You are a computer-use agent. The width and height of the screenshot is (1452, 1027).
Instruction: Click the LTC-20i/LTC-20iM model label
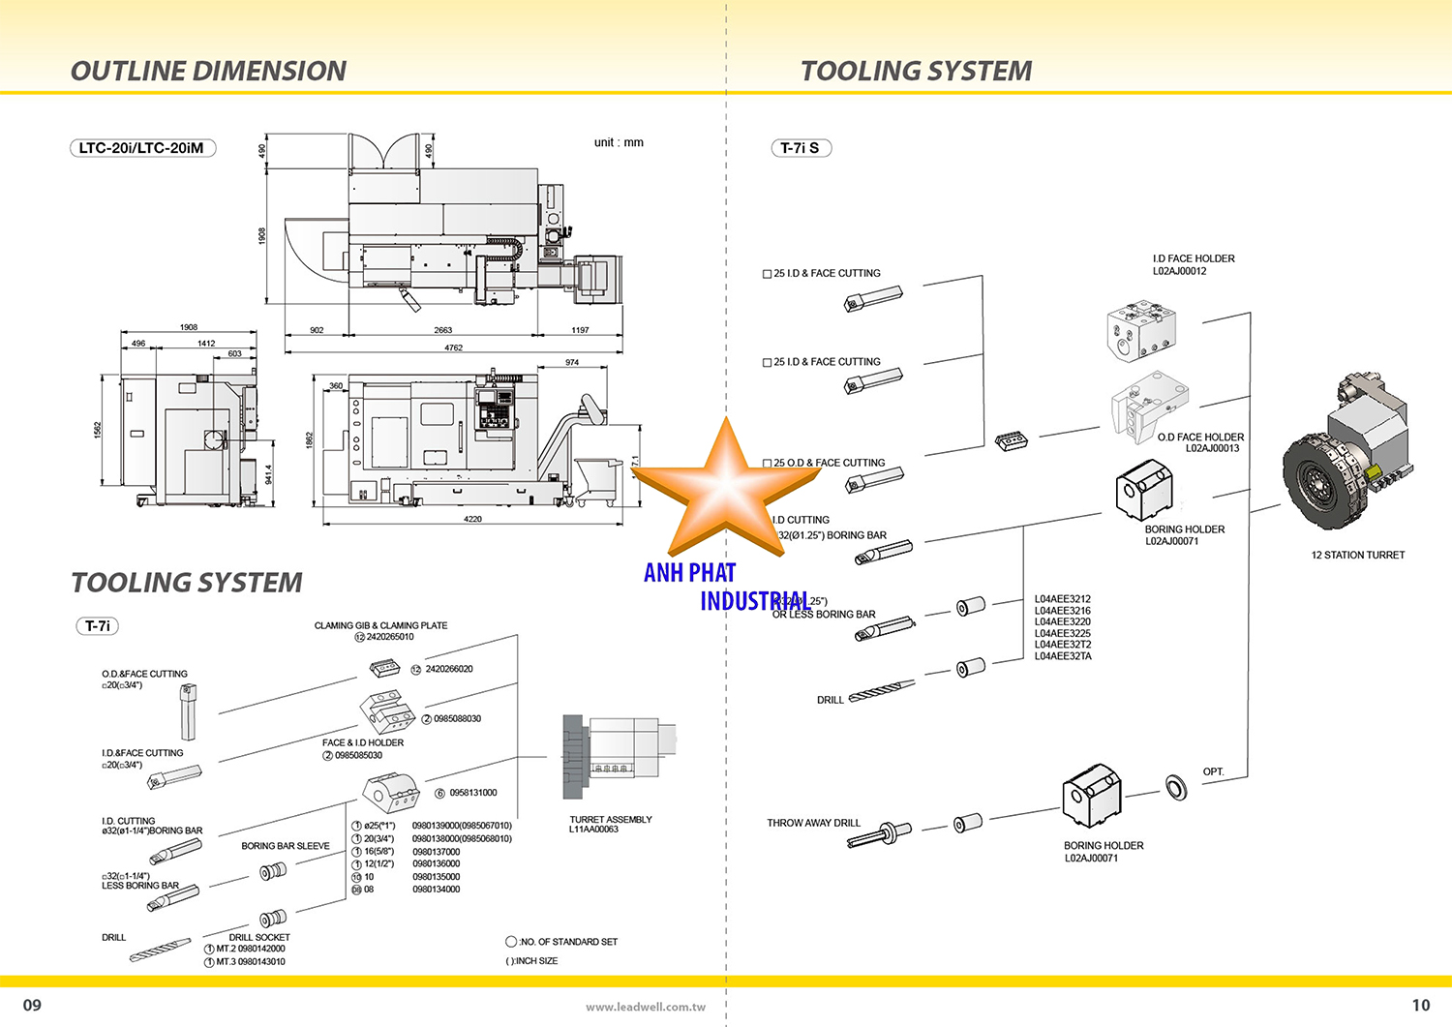tap(141, 148)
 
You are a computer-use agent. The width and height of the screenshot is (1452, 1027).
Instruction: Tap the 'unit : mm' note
tap(619, 142)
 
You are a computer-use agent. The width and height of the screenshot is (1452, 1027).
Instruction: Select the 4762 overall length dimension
tap(453, 347)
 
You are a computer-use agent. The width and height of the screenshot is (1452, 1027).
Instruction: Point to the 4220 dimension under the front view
tap(472, 519)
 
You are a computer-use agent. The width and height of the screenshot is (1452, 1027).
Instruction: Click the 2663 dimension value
tap(442, 330)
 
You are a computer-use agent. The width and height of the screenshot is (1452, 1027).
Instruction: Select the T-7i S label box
tap(800, 148)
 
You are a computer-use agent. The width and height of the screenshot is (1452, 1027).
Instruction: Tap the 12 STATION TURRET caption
tap(1357, 555)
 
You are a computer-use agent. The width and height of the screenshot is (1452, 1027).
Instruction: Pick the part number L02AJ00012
tap(1179, 271)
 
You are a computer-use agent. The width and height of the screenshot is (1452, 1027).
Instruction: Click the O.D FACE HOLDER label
tap(1200, 438)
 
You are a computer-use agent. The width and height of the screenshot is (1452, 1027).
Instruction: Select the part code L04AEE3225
tap(1062, 633)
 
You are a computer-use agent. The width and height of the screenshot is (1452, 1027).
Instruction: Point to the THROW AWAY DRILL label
tap(813, 823)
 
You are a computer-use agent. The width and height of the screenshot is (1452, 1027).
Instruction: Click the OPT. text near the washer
tap(1213, 771)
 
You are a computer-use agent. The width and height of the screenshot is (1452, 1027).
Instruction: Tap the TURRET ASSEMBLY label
tap(610, 819)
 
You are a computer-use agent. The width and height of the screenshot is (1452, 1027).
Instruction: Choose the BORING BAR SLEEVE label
tap(286, 846)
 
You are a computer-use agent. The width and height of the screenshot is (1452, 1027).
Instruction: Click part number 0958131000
tap(472, 793)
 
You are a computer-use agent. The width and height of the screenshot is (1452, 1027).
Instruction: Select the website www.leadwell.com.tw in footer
tap(645, 1007)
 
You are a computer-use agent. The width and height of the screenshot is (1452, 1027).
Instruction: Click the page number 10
tap(1420, 1005)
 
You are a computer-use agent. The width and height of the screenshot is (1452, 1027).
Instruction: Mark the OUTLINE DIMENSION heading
tap(208, 71)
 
